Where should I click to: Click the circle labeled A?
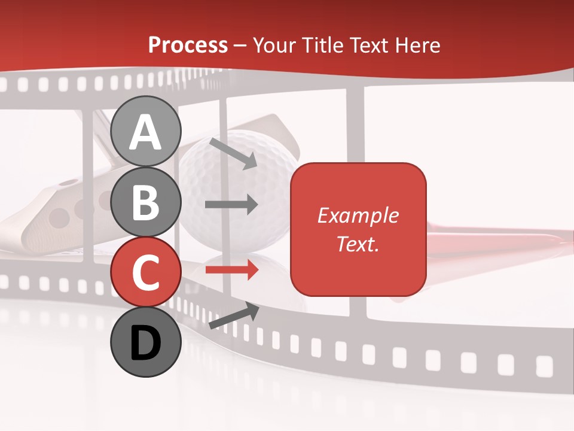[145, 131]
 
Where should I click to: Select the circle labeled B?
[145, 202]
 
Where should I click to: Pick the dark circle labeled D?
[145, 342]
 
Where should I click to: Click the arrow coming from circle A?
[233, 153]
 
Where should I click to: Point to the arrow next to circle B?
[231, 205]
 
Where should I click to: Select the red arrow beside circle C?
[231, 271]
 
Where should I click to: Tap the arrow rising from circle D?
[234, 315]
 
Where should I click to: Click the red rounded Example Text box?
[358, 229]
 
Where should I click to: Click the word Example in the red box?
[358, 215]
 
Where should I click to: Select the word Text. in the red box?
[358, 244]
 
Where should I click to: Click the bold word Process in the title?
[188, 45]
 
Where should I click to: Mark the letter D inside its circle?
[145, 343]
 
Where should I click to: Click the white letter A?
[145, 132]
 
